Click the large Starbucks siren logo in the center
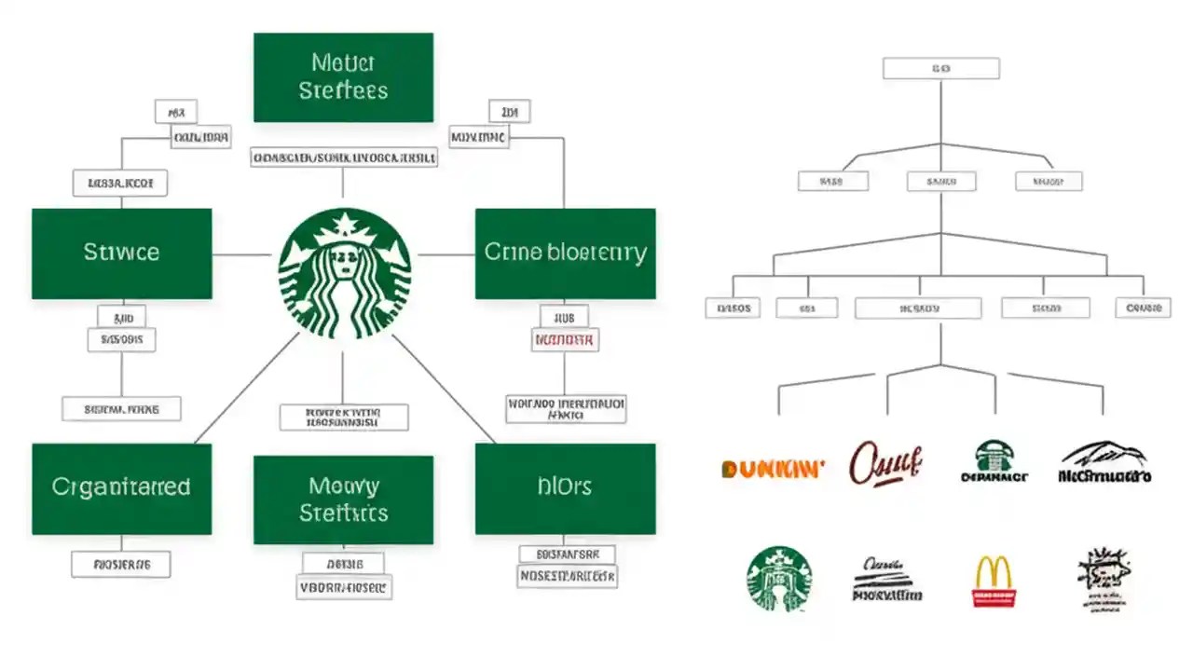tap(344, 273)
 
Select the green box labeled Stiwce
tap(122, 253)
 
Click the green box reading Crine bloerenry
tap(565, 253)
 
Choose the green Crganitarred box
tap(122, 488)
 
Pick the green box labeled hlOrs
tap(565, 488)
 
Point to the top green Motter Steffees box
tap(343, 77)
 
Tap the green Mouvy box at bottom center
tap(343, 500)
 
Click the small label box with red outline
tap(565, 341)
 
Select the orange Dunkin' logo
tap(773, 469)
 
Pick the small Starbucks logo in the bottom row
tap(779, 579)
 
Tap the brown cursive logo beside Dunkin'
tap(884, 462)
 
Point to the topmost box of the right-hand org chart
tap(940, 68)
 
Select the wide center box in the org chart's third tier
tap(918, 308)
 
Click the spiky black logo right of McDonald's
tap(1104, 578)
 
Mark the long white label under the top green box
tap(344, 157)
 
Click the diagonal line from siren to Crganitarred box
tap(246, 388)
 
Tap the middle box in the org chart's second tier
tap(941, 182)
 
